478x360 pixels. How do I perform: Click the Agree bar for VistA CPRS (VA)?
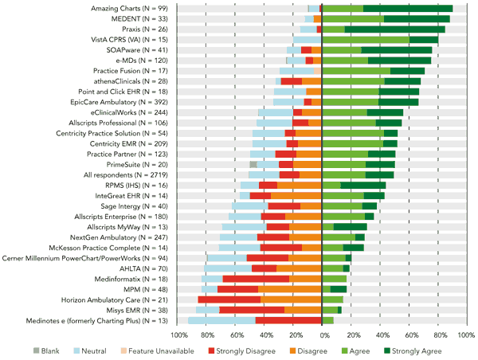point(366,39)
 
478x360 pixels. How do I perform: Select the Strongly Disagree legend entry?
point(241,350)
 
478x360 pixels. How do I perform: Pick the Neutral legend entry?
point(93,350)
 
